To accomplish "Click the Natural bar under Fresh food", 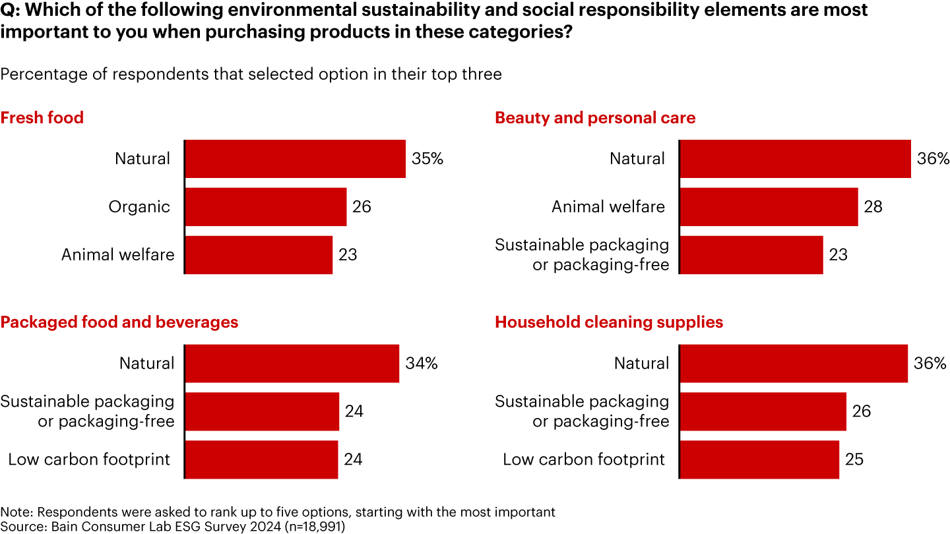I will (x=295, y=159).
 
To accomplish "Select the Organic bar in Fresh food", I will (x=265, y=207).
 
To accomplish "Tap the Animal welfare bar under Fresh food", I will (x=259, y=255).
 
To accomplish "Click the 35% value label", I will (x=427, y=159).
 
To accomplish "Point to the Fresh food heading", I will (x=42, y=118).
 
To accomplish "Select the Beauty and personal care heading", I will (x=595, y=118).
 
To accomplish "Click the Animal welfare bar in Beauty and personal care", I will (x=769, y=207).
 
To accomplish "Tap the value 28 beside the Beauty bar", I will (x=873, y=207).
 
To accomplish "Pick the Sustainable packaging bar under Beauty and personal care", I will (x=751, y=255).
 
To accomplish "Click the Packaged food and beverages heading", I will (x=119, y=322).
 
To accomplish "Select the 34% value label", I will (x=421, y=363).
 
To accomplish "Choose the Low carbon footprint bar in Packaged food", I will (x=261, y=460).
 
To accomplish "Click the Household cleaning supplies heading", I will (x=609, y=322).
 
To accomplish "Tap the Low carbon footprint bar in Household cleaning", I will (x=759, y=460).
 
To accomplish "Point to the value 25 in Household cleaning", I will (x=854, y=460).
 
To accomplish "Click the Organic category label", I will (x=139, y=207).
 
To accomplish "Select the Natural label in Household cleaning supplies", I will (x=641, y=363).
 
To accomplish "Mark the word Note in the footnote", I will (x=13, y=512).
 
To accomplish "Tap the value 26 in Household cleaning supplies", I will (x=861, y=411).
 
